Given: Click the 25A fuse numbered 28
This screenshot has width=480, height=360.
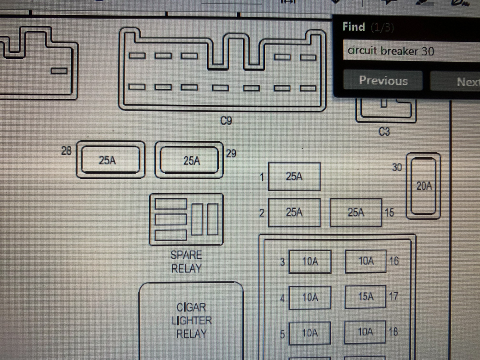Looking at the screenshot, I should pyautogui.click(x=110, y=160).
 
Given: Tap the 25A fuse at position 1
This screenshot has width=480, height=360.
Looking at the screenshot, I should pyautogui.click(x=294, y=176).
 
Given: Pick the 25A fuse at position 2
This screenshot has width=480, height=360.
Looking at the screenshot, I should pyautogui.click(x=294, y=212).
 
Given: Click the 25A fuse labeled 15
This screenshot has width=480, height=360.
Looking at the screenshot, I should pyautogui.click(x=356, y=212).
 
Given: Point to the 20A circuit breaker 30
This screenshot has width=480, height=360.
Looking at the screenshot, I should pyautogui.click(x=424, y=186).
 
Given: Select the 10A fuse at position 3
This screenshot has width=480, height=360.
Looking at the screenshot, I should pyautogui.click(x=310, y=262).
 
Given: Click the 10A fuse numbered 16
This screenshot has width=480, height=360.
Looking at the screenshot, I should pyautogui.click(x=366, y=261).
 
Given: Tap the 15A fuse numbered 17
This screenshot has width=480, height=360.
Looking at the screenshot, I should pyautogui.click(x=366, y=297).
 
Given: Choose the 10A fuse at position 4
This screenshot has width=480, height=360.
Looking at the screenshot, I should pyautogui.click(x=310, y=298).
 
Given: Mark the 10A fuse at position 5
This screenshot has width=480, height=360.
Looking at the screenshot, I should pyautogui.click(x=310, y=333).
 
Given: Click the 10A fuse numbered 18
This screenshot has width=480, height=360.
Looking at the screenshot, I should pyautogui.click(x=366, y=332).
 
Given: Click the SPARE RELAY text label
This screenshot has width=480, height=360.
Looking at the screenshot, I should pyautogui.click(x=186, y=262).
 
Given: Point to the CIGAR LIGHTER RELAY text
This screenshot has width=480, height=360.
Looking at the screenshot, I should pyautogui.click(x=192, y=320).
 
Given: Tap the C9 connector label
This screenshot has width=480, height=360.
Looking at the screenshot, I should pyautogui.click(x=226, y=120).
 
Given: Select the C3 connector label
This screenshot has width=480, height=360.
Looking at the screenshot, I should pyautogui.click(x=384, y=132).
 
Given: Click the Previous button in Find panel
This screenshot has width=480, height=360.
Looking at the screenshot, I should pyautogui.click(x=383, y=81).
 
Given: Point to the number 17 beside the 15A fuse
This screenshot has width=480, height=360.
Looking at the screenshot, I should pyautogui.click(x=394, y=297).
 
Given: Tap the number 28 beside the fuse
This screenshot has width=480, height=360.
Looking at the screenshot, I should pyautogui.click(x=66, y=151).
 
